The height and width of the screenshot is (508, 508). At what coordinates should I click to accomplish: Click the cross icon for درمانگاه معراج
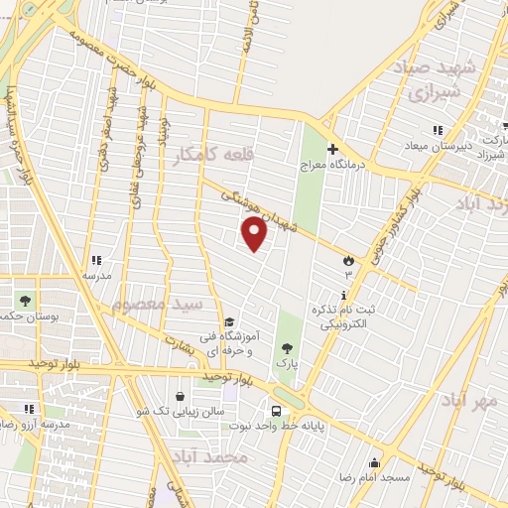333,148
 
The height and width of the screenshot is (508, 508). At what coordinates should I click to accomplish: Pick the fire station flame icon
348,260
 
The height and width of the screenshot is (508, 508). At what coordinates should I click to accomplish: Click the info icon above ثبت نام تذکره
343,296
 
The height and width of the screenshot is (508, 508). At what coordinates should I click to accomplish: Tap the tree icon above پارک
287,348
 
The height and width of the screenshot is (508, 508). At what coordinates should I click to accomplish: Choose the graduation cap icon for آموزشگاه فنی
229,321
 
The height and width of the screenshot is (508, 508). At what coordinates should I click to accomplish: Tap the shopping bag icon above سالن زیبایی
179,396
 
